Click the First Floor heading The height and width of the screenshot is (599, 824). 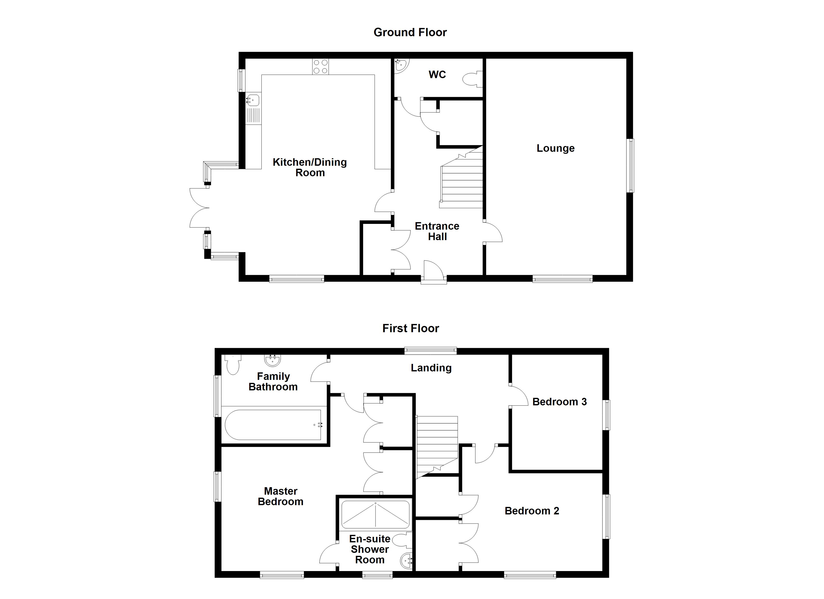[411, 328]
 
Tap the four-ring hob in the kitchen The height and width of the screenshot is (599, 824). [320, 66]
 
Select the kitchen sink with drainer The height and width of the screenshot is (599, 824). [253, 109]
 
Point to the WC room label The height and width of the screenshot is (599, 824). [437, 74]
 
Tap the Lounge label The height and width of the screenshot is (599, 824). [556, 148]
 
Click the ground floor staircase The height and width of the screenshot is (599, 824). [462, 182]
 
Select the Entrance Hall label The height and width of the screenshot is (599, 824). [437, 231]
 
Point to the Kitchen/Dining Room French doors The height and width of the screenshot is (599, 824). [199, 208]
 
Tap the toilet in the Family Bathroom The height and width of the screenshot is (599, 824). [232, 365]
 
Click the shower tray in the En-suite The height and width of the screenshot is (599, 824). [376, 515]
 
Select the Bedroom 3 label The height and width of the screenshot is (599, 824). [560, 402]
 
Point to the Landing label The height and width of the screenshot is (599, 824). [431, 368]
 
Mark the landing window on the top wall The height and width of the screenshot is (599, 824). [430, 350]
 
